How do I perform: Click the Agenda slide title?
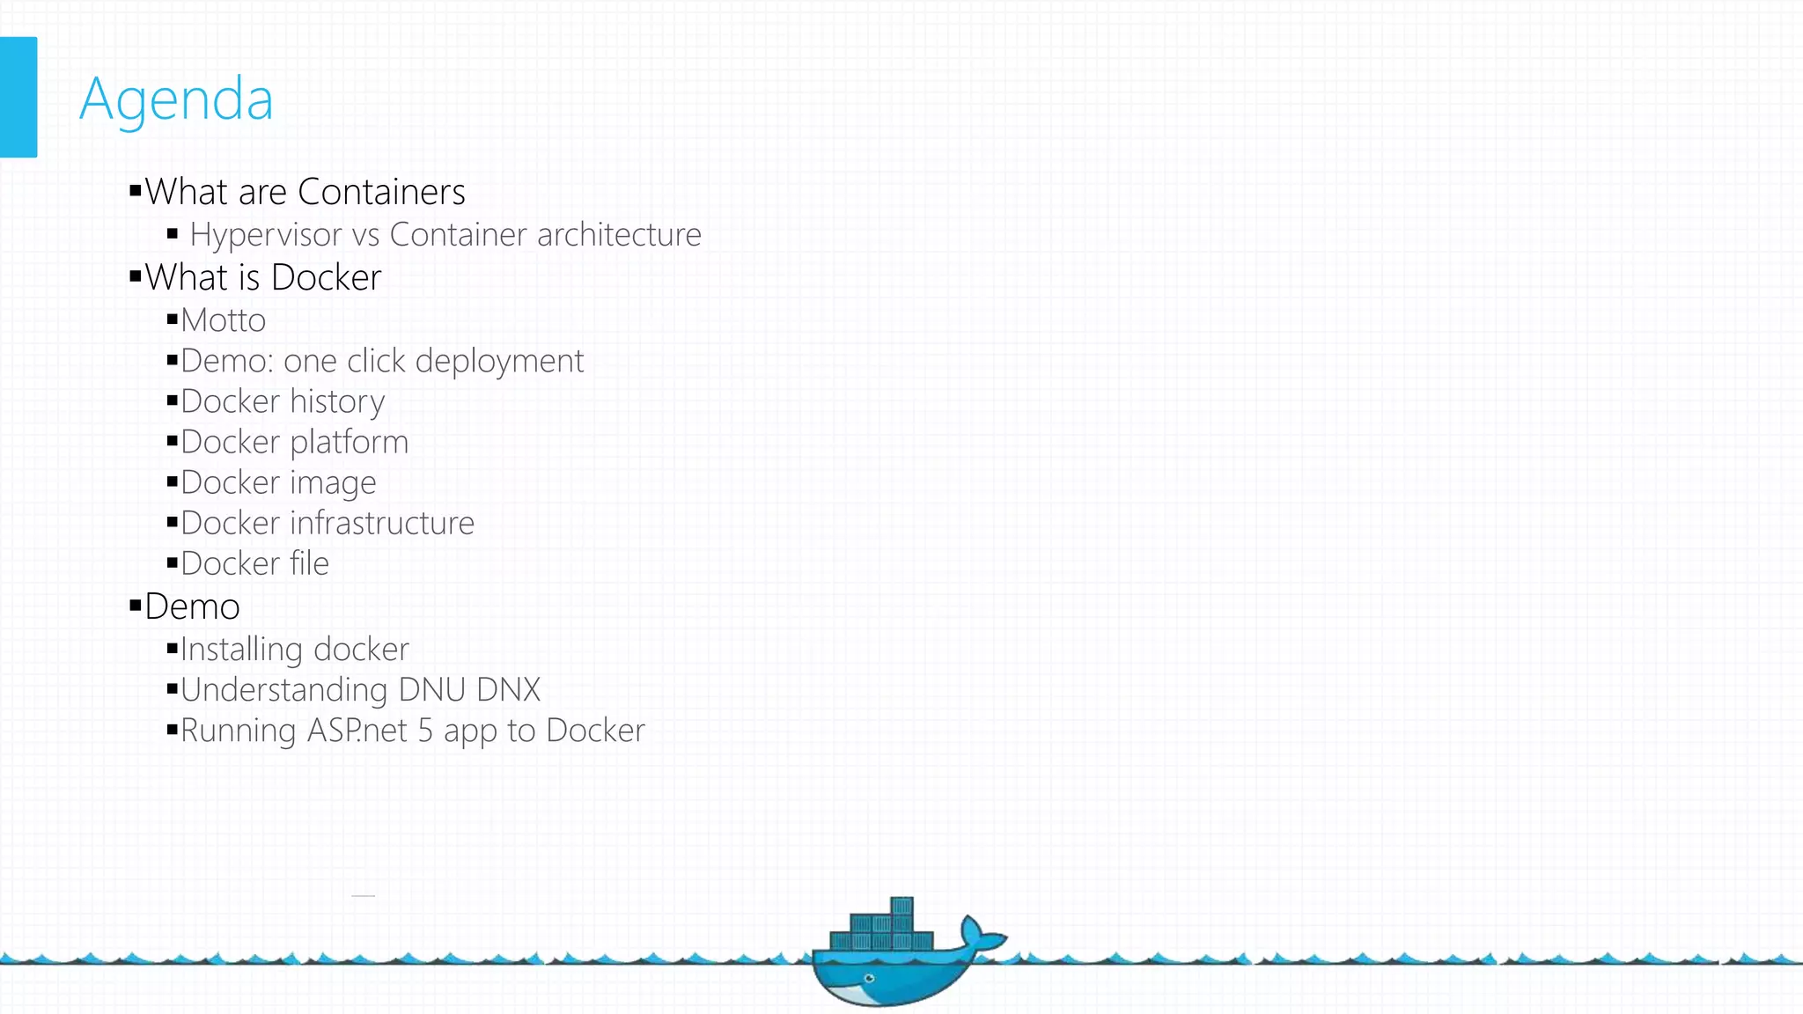click(x=176, y=99)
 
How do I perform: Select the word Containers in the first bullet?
click(x=381, y=192)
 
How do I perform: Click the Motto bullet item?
click(x=223, y=320)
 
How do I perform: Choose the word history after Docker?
click(x=337, y=402)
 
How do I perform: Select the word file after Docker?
click(x=309, y=563)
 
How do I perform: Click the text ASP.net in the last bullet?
click(x=357, y=731)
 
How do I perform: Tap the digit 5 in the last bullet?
click(x=425, y=731)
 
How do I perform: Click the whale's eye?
click(x=870, y=978)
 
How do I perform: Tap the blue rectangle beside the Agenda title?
click(x=18, y=97)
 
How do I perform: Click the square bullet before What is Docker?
click(x=135, y=276)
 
